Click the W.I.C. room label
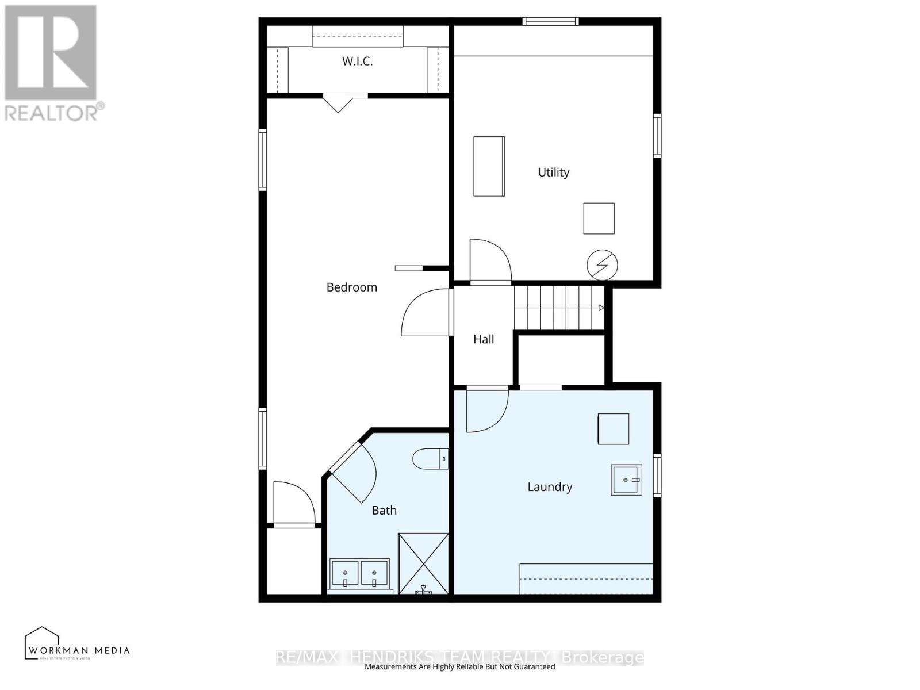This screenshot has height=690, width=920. click(357, 61)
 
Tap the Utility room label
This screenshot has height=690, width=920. click(553, 172)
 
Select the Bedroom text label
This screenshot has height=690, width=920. click(351, 287)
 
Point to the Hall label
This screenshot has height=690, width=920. click(484, 339)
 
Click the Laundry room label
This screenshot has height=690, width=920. click(550, 487)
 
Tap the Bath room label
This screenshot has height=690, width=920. click(384, 510)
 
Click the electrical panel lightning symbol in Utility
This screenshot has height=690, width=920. click(602, 266)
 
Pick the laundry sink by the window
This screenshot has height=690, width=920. click(626, 480)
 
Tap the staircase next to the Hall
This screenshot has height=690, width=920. click(558, 308)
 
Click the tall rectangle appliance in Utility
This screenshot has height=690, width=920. click(489, 166)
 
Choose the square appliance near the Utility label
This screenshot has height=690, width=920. click(599, 218)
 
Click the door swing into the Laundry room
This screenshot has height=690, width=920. click(486, 409)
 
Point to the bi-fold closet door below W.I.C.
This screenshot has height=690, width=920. click(338, 103)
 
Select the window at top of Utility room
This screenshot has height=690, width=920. click(550, 22)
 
